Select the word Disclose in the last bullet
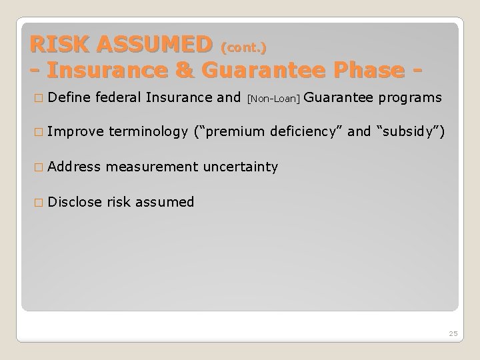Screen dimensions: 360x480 coord(75,201)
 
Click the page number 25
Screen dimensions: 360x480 coord(453,333)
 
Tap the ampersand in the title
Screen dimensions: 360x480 coord(191,70)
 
